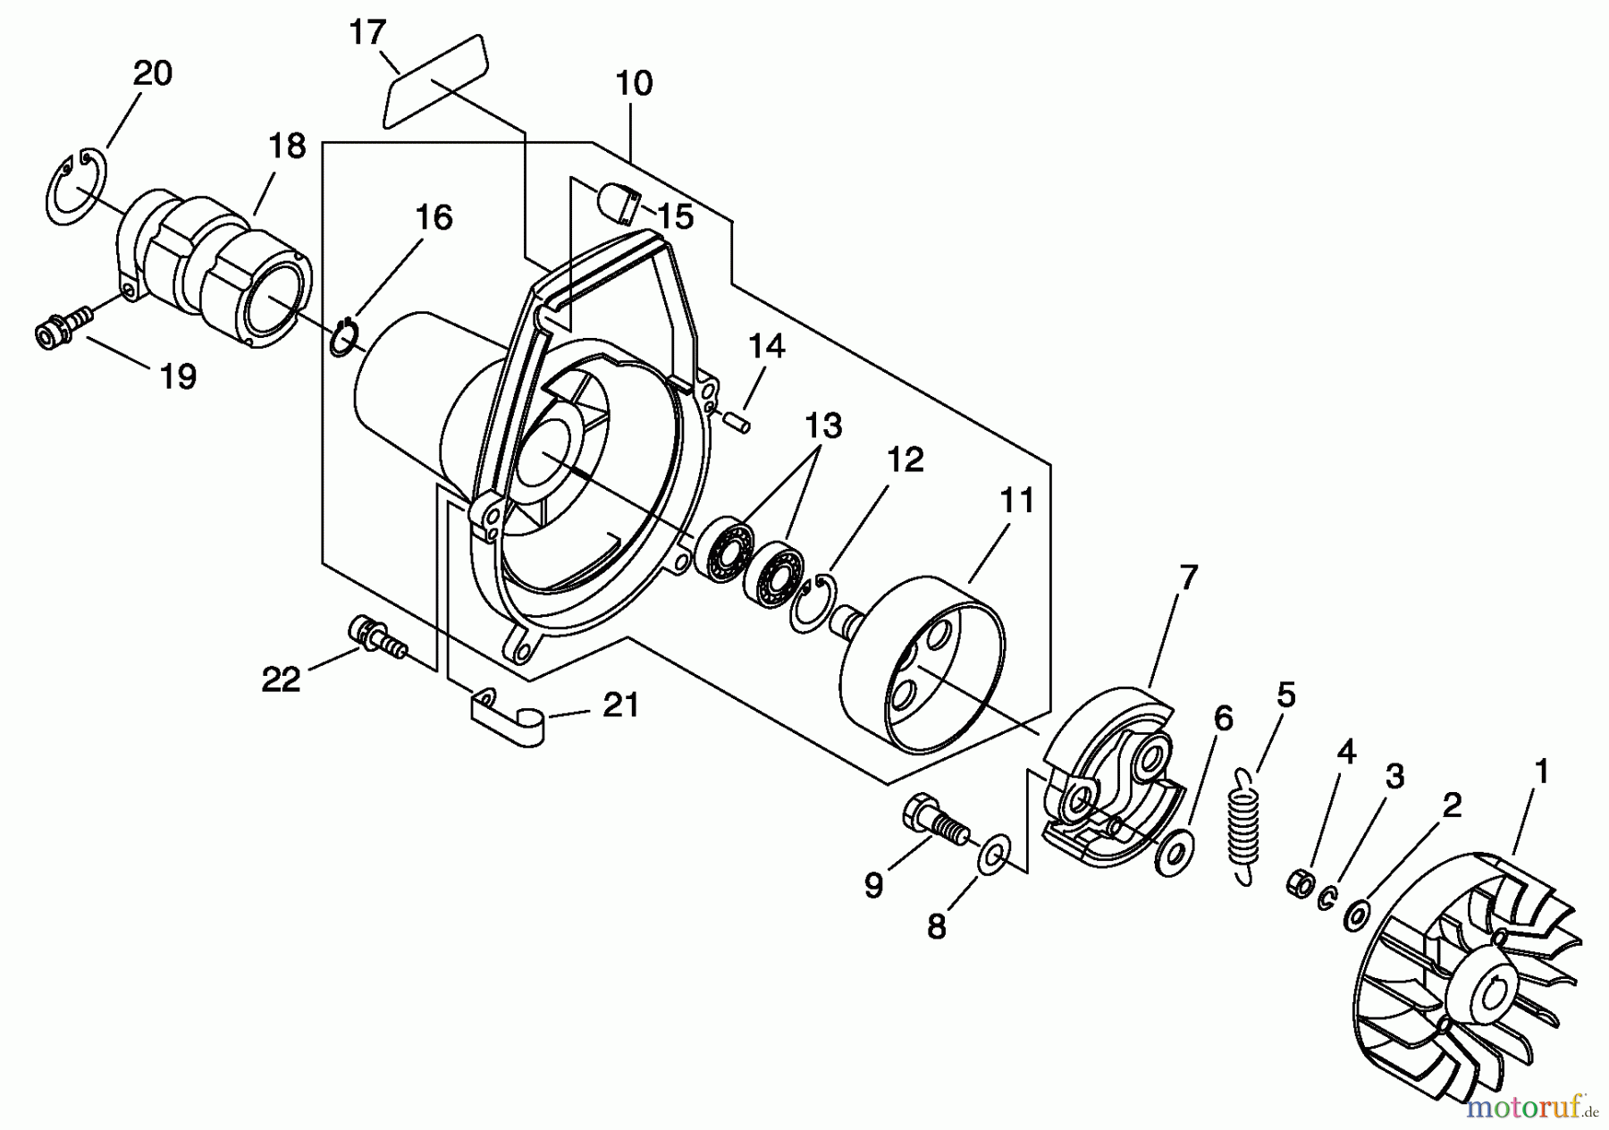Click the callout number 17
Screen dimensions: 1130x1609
(x=366, y=33)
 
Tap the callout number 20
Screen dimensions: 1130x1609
(x=152, y=73)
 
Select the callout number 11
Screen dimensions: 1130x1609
(x=1016, y=501)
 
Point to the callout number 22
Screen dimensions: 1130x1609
(x=281, y=680)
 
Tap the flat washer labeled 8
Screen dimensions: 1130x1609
(x=993, y=856)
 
